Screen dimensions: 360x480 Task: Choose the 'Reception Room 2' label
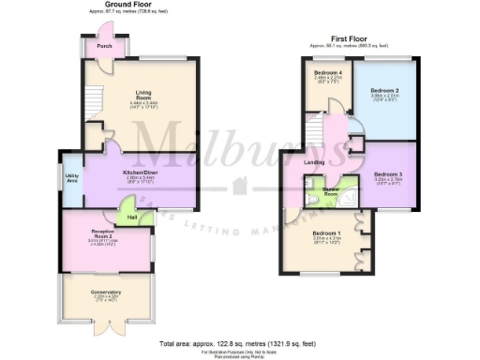102,234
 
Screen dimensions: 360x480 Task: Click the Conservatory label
107,292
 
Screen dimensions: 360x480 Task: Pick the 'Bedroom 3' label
387,174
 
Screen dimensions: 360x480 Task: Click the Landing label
315,161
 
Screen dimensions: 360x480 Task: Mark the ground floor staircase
91,99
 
